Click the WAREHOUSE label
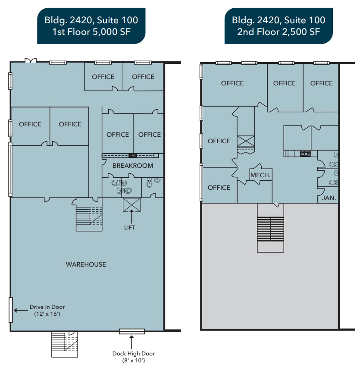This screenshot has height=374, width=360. [x=86, y=264]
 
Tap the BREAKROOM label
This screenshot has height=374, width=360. [x=133, y=166]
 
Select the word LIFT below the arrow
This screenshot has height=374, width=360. [x=129, y=227]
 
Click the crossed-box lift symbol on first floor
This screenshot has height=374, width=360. [x=131, y=205]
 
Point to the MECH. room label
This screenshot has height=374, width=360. [x=260, y=175]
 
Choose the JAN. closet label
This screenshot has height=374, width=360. [x=329, y=198]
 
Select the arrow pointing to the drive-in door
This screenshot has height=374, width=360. [x=19, y=309]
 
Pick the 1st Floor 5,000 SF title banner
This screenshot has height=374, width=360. [x=91, y=25]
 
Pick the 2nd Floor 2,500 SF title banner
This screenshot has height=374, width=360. [x=279, y=25]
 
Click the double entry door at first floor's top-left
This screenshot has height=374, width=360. [x=30, y=60]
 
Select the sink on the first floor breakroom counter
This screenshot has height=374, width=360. [x=132, y=155]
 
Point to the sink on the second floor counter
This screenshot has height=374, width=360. [x=305, y=154]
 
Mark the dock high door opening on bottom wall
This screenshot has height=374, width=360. [x=132, y=331]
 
